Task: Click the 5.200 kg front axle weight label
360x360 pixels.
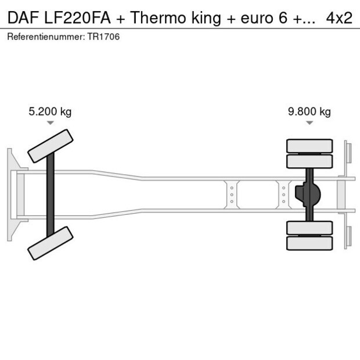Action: coord(50,112)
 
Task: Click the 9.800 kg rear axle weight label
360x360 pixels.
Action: coord(309,112)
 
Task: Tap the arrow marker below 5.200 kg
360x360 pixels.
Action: coord(51,123)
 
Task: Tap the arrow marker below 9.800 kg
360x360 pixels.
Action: coord(309,123)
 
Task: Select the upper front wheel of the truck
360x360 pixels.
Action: coord(51,146)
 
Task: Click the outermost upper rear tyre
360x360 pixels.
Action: coord(309,145)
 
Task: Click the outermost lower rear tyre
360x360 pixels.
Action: coord(309,243)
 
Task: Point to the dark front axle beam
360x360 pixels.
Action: coord(51,195)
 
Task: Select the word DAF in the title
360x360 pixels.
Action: coord(21,18)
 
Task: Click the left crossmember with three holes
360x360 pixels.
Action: coord(232,195)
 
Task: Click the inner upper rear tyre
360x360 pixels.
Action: coord(309,161)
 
